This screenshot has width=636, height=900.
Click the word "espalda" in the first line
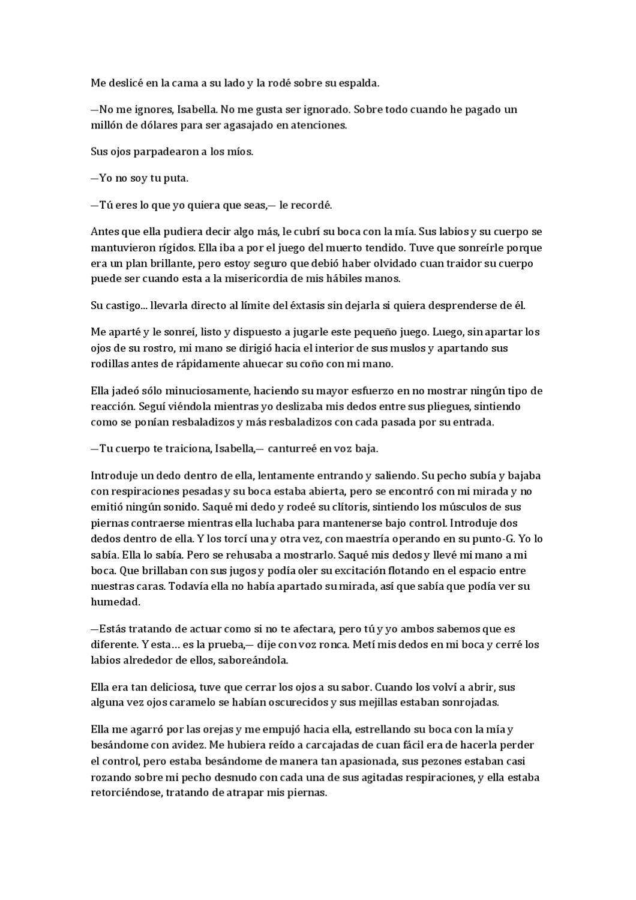tap(358, 83)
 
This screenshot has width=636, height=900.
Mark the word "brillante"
tap(155, 263)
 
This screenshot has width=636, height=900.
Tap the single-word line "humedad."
tap(115, 601)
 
